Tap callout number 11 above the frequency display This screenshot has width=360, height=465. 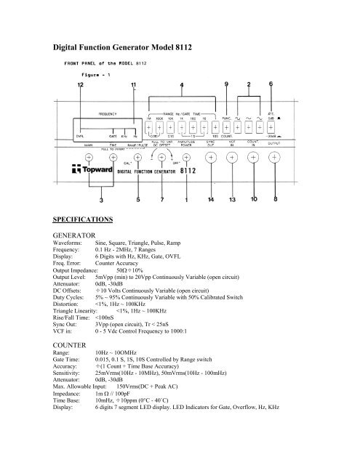click(133, 86)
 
